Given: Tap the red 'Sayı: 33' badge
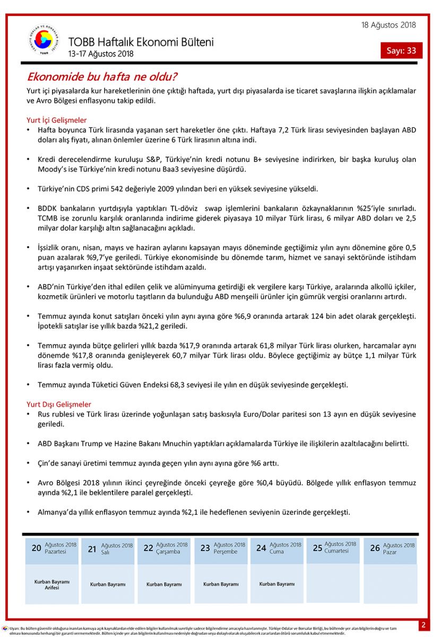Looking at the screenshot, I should [x=401, y=51].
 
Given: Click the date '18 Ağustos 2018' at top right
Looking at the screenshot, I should [x=388, y=25].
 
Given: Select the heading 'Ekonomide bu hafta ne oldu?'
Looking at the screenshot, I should [x=102, y=77].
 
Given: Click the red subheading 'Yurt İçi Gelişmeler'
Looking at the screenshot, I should [x=56, y=120].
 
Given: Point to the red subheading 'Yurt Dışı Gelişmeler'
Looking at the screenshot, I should [x=58, y=404].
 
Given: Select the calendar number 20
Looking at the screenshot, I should [x=36, y=548].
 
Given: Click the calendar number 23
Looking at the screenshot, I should [x=205, y=548].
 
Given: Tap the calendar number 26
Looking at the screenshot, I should [x=375, y=548].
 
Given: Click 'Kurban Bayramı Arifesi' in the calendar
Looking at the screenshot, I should [x=52, y=584].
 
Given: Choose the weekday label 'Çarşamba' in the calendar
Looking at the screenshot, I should [x=169, y=552].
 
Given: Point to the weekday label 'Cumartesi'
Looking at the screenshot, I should [x=336, y=551].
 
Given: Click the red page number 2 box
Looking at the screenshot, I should [x=423, y=625].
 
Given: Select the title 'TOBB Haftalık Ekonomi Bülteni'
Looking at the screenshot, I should [x=141, y=42].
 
